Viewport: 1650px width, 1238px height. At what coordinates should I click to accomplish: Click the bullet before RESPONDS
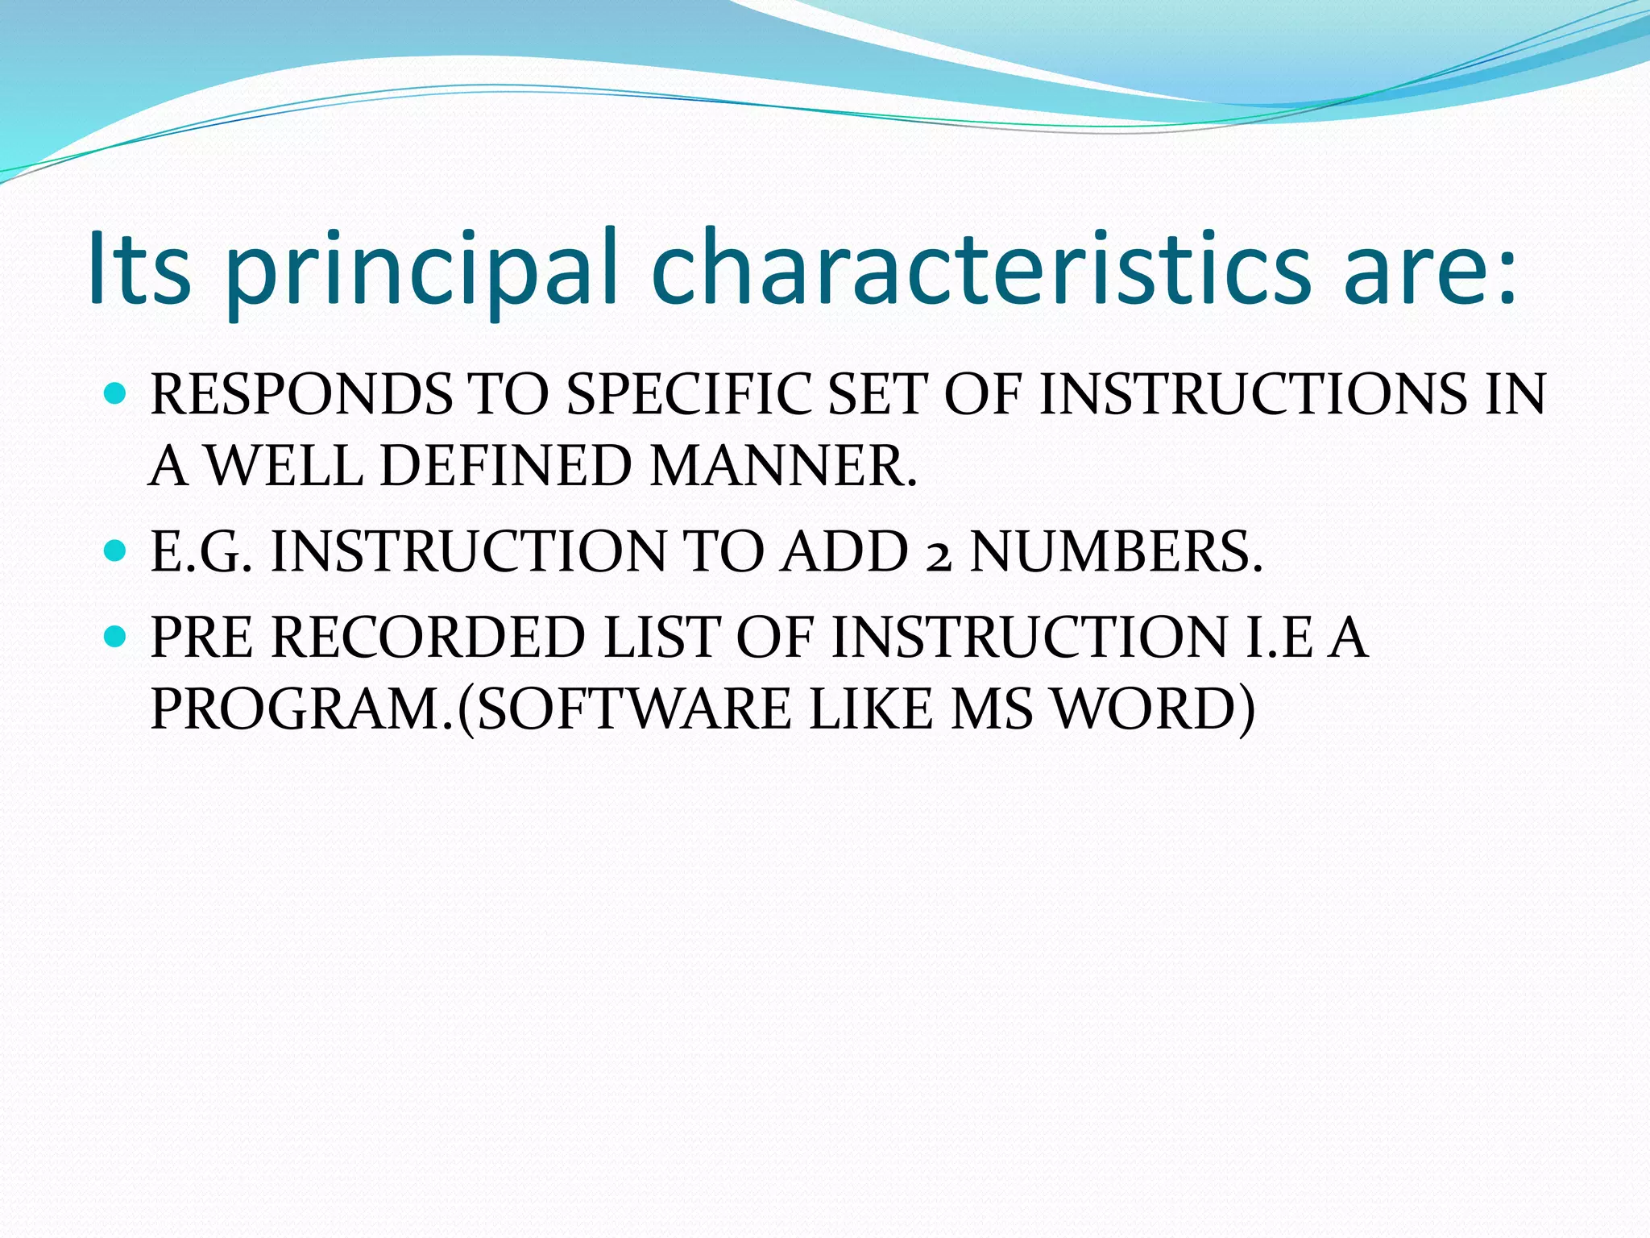[116, 394]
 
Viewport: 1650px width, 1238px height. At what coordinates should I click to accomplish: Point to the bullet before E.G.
[116, 551]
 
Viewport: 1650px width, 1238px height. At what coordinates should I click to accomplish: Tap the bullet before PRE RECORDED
[116, 637]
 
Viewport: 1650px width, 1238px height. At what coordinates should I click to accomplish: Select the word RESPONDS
[300, 394]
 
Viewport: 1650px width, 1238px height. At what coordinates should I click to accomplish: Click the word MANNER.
[783, 466]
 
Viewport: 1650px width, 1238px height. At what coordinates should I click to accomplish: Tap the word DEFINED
[505, 466]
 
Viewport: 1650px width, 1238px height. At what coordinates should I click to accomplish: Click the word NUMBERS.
[1116, 552]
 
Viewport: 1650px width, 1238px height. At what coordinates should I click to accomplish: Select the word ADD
[844, 552]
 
